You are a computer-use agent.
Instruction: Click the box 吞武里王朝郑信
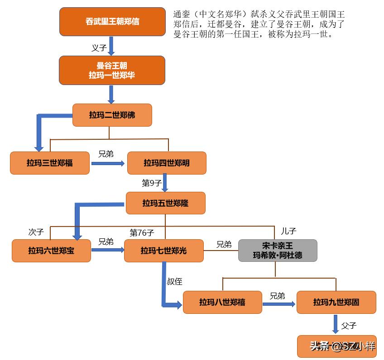112,21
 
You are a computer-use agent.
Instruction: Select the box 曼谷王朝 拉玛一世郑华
112,70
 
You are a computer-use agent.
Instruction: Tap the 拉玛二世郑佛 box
112,115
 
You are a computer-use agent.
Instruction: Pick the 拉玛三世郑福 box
50,163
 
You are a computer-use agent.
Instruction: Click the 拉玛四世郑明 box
167,163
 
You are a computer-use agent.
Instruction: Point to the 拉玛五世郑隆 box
165,203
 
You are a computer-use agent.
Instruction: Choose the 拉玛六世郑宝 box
51,251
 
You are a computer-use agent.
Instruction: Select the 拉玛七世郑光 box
163,251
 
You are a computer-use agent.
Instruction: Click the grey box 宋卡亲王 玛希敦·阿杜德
278,251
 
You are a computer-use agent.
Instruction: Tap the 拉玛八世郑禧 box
222,302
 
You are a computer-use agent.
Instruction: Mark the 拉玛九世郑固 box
336,302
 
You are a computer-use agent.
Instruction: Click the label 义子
99,47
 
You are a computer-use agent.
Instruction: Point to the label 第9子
152,183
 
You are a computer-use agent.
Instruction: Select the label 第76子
142,232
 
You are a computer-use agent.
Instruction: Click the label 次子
36,232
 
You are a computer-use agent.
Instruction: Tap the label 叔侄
175,281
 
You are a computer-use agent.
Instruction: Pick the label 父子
349,325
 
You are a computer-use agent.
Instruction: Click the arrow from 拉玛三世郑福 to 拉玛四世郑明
108,163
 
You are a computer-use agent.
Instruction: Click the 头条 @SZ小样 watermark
342,346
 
